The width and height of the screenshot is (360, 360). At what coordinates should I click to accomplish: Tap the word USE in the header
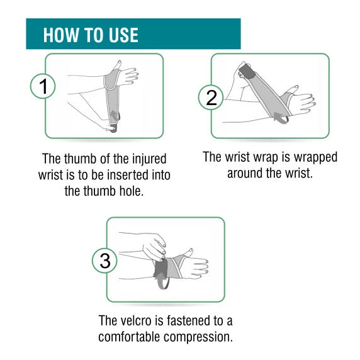(x=123, y=35)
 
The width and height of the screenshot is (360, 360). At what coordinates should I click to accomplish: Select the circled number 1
(x=43, y=86)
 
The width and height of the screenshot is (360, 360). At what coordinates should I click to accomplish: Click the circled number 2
(x=211, y=98)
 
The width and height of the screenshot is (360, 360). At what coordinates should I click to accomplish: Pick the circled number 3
(x=104, y=261)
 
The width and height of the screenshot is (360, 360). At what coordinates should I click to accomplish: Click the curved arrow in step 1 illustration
(x=114, y=121)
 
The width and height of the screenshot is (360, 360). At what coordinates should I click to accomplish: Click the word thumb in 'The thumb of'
(x=80, y=159)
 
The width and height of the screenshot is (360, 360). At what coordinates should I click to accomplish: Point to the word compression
(x=198, y=337)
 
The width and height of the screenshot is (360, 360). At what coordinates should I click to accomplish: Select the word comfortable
(x=129, y=337)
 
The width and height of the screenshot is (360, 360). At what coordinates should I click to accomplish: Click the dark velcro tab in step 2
(x=247, y=71)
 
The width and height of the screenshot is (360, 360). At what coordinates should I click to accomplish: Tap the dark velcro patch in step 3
(x=160, y=268)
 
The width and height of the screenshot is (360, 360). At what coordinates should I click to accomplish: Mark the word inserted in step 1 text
(x=128, y=175)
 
